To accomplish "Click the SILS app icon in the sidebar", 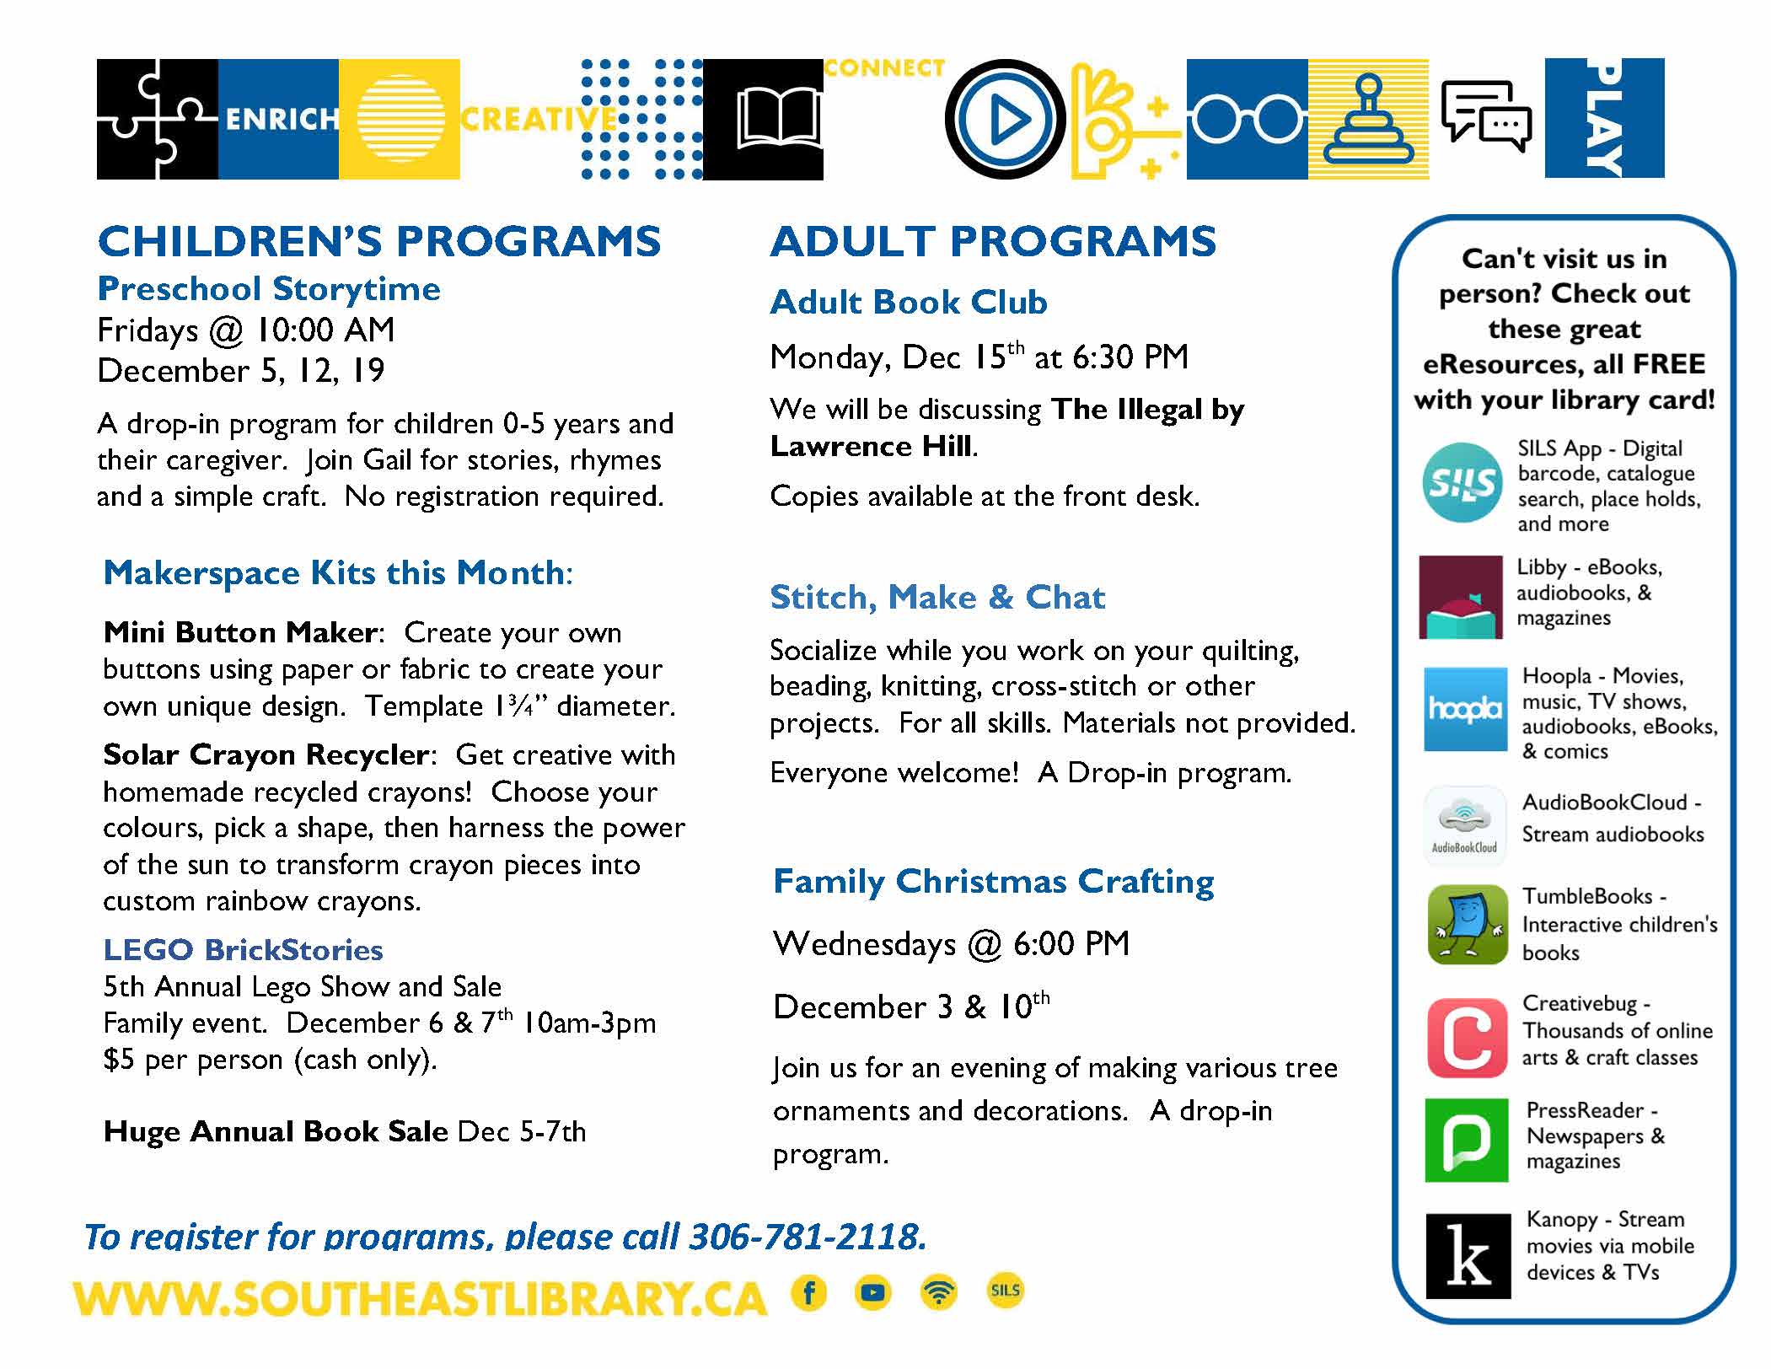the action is pos(1462,482).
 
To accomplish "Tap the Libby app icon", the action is pos(1461,597).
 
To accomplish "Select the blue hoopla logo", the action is pos(1465,709).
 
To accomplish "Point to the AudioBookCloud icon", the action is pos(1465,825).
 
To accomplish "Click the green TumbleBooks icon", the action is pos(1468,924).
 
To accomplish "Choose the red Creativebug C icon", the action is pos(1467,1038).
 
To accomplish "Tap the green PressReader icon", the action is pos(1467,1140).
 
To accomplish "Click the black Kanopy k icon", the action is pos(1468,1256).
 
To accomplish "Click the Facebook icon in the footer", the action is pos(809,1292).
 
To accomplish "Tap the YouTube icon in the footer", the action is pos(873,1292).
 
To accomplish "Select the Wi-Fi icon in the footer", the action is pos(939,1292).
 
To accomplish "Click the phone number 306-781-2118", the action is pos(808,1237).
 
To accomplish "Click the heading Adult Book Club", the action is pos(909,302).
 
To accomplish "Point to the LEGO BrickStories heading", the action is pos(243,950).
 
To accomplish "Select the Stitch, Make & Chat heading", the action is pos(937,597).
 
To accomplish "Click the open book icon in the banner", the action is pos(778,120).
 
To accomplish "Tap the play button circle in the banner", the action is pos(1006,120).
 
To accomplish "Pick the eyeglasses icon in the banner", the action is pos(1246,121).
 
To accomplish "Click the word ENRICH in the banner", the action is pos(282,120).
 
